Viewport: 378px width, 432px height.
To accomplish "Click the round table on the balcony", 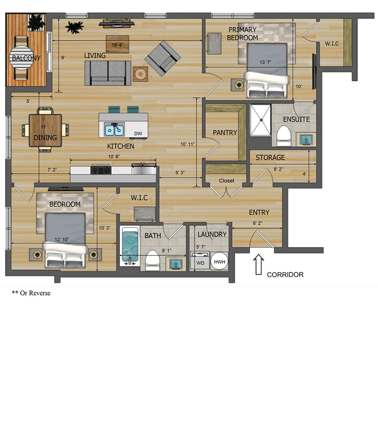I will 21,57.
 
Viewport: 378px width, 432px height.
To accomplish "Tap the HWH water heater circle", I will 219,261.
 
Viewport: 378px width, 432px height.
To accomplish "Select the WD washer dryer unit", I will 200,262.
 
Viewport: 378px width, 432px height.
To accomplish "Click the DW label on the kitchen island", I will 138,134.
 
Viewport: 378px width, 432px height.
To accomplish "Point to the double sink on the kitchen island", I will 114,130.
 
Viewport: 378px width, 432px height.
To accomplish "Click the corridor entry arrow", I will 259,265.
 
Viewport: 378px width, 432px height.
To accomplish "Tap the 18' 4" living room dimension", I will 117,45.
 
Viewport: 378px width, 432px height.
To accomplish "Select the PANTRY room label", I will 225,133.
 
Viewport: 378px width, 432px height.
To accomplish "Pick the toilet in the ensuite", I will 283,136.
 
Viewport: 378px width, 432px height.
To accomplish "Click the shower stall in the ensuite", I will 261,120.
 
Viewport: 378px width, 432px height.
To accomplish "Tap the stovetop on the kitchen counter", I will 101,170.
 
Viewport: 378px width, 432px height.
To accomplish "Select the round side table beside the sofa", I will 140,74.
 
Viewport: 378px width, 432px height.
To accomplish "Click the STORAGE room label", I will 270,157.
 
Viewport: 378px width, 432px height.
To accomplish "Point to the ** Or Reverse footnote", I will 31,293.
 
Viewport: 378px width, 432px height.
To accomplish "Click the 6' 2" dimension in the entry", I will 257,223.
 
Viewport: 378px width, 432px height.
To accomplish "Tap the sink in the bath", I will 174,264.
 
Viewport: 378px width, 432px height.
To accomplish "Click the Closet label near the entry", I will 226,181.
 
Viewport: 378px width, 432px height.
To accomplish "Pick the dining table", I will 45,130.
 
